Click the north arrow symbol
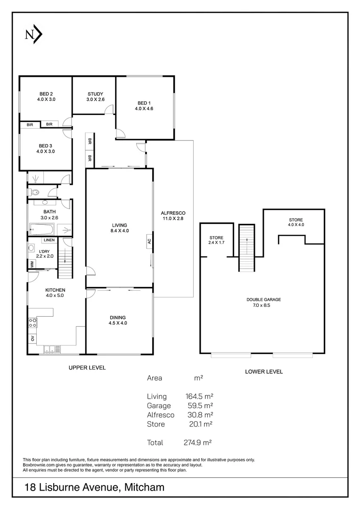[x=33, y=34]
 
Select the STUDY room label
[x=95, y=94]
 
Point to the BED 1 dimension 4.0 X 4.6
[x=144, y=109]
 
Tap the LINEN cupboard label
[x=49, y=240]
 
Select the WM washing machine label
[x=32, y=264]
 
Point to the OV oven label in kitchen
[x=32, y=339]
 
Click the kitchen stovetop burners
[x=33, y=323]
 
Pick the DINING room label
[x=118, y=317]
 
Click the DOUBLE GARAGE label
[x=263, y=299]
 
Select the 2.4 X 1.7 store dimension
[x=217, y=243]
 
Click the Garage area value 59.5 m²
[x=200, y=405]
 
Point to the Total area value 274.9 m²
[x=197, y=443]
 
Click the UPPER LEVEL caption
[x=87, y=368]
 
